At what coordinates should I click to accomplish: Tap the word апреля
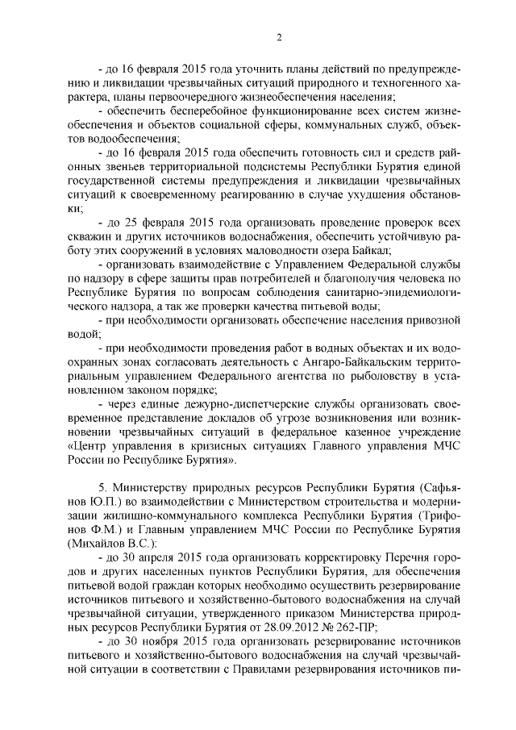click(154, 558)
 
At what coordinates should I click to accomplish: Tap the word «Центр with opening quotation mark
click(91, 444)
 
